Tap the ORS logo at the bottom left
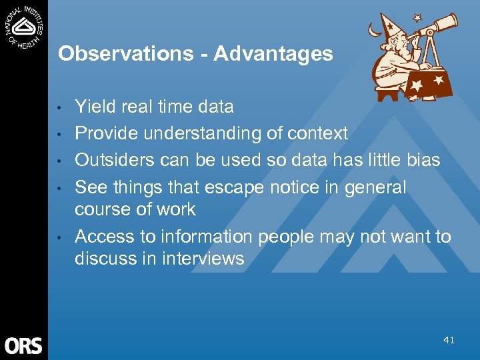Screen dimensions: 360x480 point(23,345)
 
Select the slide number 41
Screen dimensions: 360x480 point(449,340)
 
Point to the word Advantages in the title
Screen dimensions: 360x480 point(273,53)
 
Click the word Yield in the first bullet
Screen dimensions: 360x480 point(94,107)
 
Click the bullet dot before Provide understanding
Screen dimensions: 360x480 point(59,134)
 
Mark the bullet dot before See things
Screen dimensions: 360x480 point(59,188)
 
